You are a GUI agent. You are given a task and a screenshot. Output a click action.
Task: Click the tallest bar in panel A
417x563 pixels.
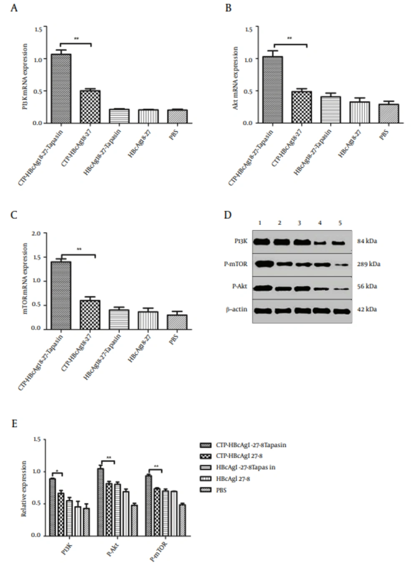tap(61, 88)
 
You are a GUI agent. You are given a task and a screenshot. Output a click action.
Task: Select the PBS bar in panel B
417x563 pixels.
tap(388, 114)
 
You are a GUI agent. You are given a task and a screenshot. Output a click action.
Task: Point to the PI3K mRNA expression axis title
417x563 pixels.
tap(25, 77)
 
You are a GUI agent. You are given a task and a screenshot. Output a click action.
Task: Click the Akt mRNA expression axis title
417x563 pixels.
tap(236, 78)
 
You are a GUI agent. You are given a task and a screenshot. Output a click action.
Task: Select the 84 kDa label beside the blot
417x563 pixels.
tap(367, 241)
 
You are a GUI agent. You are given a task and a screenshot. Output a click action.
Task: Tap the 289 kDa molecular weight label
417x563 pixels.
tap(369, 264)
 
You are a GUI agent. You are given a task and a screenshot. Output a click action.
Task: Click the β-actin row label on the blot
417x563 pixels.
tap(237, 309)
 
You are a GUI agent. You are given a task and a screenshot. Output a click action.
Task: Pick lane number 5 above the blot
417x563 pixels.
tap(340, 223)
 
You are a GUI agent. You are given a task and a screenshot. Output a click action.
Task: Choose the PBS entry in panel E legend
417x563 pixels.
tap(221, 490)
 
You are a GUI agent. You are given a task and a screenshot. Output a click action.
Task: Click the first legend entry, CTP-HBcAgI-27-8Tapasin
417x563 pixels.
tap(251, 445)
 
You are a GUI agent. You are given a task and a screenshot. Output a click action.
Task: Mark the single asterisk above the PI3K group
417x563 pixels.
tap(57, 471)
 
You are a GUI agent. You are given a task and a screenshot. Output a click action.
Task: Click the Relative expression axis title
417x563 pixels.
tap(24, 488)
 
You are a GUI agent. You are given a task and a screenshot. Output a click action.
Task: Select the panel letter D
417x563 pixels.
tap(227, 215)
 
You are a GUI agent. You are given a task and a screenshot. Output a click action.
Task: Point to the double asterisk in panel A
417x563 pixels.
tap(76, 39)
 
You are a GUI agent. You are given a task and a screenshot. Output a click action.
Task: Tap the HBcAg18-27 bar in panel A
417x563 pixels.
tap(148, 116)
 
